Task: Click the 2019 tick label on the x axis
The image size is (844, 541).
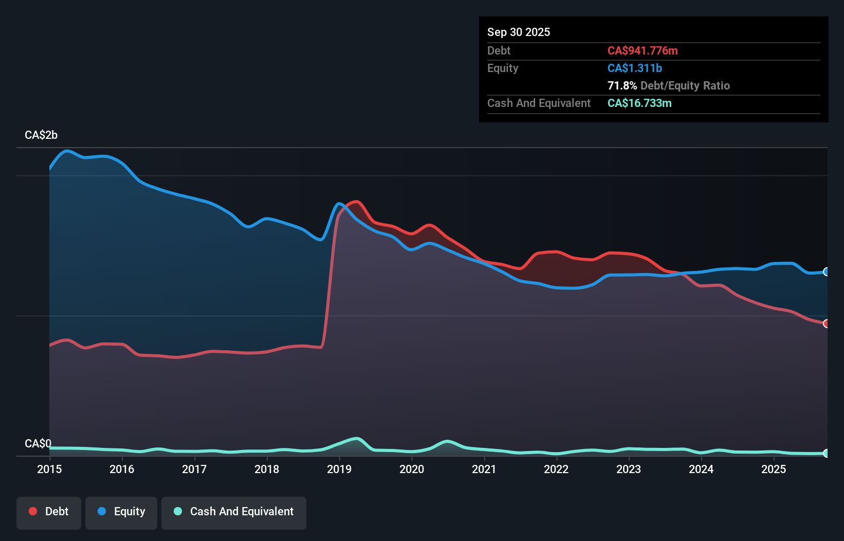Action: click(339, 469)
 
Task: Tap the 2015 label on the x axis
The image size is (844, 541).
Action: click(49, 469)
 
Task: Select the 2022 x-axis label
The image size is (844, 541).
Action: click(556, 469)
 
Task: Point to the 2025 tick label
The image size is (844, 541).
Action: click(774, 469)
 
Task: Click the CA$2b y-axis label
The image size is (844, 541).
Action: click(41, 135)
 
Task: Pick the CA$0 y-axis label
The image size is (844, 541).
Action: click(38, 443)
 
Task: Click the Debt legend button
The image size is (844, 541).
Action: click(49, 512)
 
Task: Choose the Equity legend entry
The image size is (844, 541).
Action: click(121, 512)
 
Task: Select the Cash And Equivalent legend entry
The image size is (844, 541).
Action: click(234, 512)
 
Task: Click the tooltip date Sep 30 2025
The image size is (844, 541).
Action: click(518, 32)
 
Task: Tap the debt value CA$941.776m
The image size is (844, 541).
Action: click(643, 51)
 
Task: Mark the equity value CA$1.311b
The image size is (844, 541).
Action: click(634, 68)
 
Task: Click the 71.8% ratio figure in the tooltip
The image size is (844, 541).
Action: click(622, 86)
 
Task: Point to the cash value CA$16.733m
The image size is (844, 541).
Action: click(639, 103)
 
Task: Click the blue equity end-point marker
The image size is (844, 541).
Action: click(826, 272)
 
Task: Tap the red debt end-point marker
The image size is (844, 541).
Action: click(826, 323)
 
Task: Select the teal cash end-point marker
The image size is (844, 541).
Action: click(826, 453)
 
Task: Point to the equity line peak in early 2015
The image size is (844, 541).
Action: click(67, 151)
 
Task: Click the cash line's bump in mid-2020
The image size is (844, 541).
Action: click(447, 441)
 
